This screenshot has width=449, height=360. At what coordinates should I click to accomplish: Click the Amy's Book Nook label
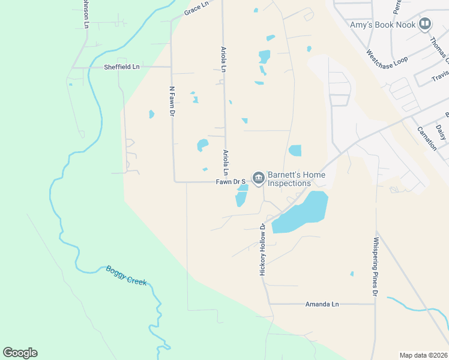[383, 25]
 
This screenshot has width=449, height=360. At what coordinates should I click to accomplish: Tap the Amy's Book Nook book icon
[426, 24]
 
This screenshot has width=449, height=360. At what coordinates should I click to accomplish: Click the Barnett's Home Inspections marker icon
[258, 178]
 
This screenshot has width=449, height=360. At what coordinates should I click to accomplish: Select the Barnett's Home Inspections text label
[297, 179]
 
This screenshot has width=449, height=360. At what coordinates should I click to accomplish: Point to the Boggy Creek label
[127, 277]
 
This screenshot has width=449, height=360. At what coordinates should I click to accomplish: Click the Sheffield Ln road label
[121, 67]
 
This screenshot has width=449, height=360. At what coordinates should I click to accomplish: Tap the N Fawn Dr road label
[172, 101]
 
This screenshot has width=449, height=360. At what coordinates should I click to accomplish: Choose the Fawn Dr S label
[231, 181]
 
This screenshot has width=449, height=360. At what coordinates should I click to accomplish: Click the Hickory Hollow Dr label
[262, 250]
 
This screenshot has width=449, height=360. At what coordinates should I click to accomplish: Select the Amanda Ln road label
[322, 304]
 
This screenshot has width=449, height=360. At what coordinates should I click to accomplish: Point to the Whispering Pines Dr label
[376, 266]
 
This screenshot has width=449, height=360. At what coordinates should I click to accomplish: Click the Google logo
[20, 353]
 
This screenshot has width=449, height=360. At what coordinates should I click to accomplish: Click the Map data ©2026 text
[423, 355]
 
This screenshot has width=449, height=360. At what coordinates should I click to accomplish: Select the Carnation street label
[427, 139]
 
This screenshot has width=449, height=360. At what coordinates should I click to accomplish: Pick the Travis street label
[440, 76]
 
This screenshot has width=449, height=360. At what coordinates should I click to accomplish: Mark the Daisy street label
[441, 132]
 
